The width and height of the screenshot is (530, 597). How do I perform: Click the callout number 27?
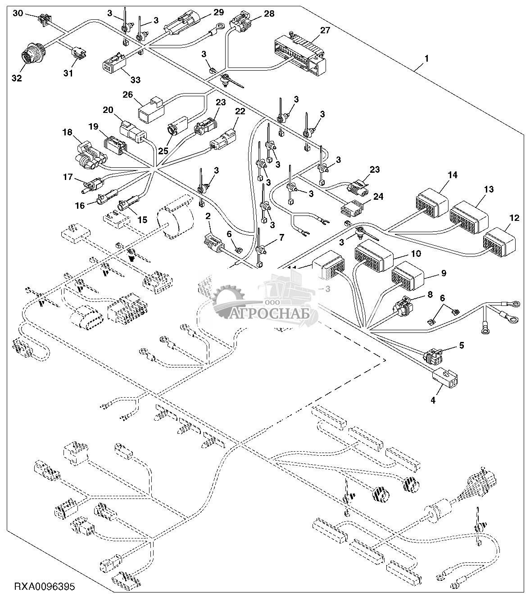point(325,31)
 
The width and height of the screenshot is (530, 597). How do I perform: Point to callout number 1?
point(427,59)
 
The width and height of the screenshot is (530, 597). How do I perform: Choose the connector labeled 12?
point(499,241)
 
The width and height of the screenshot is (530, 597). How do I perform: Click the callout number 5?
point(461,346)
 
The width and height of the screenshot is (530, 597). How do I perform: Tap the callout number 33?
point(135,80)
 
